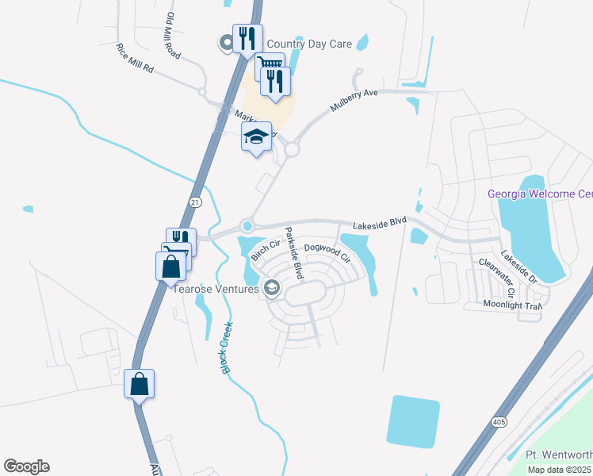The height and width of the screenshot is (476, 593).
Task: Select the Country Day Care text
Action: (x=310, y=44)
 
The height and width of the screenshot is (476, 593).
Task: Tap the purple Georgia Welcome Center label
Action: (x=540, y=194)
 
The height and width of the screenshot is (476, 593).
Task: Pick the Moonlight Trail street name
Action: (x=512, y=305)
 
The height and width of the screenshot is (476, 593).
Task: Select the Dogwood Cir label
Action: (x=327, y=252)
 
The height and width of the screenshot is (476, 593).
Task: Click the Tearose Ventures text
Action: (x=216, y=289)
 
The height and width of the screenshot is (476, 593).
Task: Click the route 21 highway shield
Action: (x=195, y=202)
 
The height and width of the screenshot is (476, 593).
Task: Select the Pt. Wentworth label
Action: (x=559, y=455)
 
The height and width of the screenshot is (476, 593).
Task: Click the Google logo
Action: (x=26, y=466)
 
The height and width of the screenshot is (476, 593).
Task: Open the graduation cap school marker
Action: (x=256, y=136)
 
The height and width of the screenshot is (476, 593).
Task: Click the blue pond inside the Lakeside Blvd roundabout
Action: (x=248, y=226)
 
